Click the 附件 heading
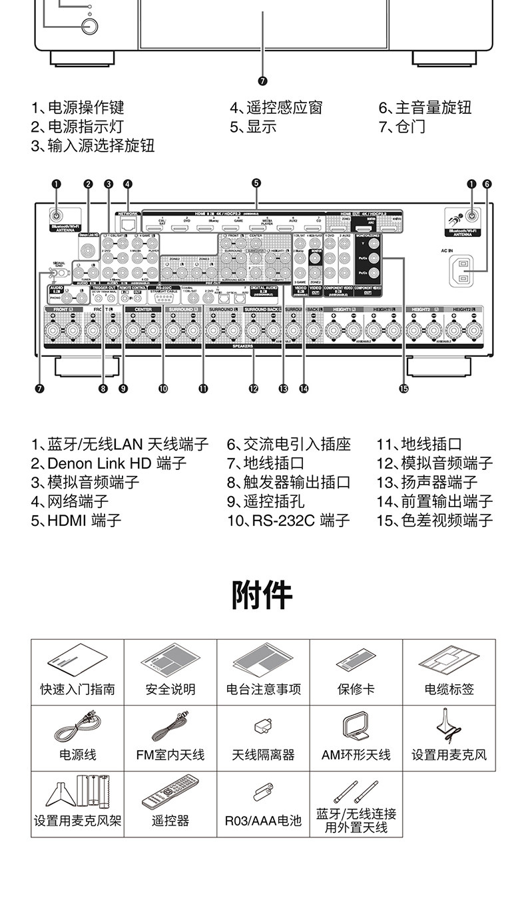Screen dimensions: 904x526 pos(262,594)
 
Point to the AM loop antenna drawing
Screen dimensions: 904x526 pos(356,727)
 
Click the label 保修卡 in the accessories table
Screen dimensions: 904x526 pos(356,689)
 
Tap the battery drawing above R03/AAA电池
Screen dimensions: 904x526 pos(262,792)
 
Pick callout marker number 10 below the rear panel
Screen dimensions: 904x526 pos(163,389)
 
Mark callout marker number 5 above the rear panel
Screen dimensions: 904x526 pos(256,183)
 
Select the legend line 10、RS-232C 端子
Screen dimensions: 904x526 pos(288,520)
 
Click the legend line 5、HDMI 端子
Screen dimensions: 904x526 pos(76,520)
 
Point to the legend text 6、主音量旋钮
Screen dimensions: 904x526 pos(425,107)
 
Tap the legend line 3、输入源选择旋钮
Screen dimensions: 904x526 pos(93,145)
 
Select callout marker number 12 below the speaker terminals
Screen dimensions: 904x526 pos(253,389)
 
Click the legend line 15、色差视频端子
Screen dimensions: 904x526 pos(435,520)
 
